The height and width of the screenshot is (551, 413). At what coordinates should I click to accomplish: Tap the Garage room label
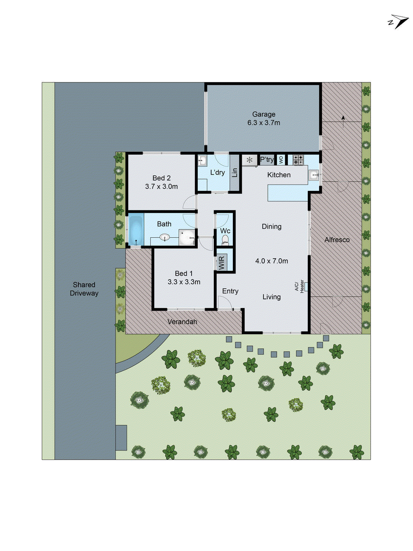(x=264, y=114)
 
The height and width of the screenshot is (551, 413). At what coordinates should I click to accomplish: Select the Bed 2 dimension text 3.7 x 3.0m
(x=161, y=187)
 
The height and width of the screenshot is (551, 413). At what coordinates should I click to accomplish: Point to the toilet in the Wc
(x=225, y=239)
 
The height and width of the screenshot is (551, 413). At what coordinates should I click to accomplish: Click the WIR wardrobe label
(x=221, y=263)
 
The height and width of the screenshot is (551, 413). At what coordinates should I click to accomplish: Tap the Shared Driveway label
(x=84, y=289)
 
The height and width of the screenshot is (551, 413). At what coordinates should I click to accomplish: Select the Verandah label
(x=182, y=322)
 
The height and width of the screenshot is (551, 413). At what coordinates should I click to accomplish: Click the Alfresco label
(x=337, y=240)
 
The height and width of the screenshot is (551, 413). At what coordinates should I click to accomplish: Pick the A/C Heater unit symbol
(x=306, y=287)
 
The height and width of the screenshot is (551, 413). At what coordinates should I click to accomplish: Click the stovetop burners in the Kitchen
(x=298, y=160)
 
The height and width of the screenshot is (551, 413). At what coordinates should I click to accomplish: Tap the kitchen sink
(x=314, y=175)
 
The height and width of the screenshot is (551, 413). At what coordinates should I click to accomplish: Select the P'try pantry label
(x=267, y=159)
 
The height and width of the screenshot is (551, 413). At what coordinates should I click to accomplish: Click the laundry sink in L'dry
(x=202, y=160)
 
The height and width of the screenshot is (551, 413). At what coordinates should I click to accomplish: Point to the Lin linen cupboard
(x=235, y=172)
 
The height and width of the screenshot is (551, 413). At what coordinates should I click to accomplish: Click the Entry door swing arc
(x=225, y=303)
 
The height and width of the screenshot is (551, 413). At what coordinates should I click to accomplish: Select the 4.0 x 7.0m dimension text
(x=271, y=261)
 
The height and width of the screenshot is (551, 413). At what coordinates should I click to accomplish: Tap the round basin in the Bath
(x=165, y=237)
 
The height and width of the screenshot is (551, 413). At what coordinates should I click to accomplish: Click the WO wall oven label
(x=281, y=160)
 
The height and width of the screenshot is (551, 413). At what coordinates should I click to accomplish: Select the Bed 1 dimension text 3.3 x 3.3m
(x=184, y=282)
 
